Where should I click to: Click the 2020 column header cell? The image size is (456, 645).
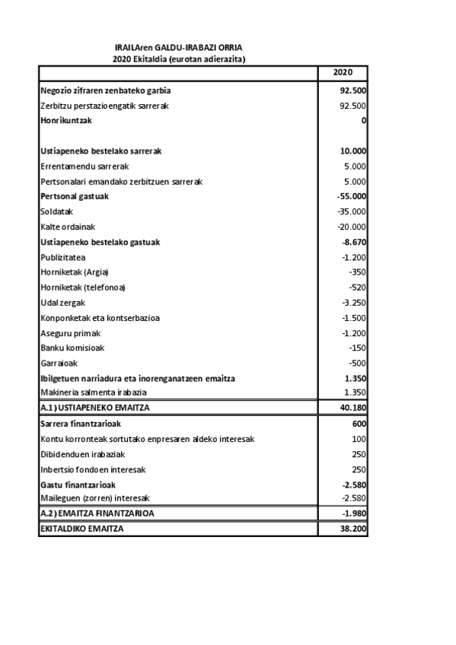(x=343, y=73)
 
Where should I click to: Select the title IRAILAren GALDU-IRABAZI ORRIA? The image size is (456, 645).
(x=179, y=47)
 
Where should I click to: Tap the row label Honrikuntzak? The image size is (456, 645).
(x=65, y=121)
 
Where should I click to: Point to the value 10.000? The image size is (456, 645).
(x=353, y=151)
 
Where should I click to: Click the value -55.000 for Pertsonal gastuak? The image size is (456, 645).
(x=352, y=196)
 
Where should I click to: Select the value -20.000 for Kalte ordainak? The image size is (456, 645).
(x=352, y=227)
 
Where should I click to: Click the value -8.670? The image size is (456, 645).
(x=354, y=242)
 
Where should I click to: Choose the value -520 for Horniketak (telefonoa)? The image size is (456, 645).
(x=357, y=288)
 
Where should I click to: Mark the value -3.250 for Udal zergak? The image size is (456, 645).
(x=354, y=303)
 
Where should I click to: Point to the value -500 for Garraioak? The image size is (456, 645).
(x=357, y=363)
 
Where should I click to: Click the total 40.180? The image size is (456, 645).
(x=353, y=408)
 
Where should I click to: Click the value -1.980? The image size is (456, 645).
(x=354, y=513)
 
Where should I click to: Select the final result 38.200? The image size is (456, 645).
(x=353, y=529)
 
